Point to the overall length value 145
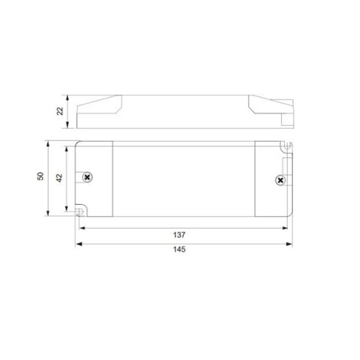(179, 250)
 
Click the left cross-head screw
(86, 177)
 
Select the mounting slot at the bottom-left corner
(80, 211)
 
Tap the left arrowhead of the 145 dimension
(78, 243)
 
